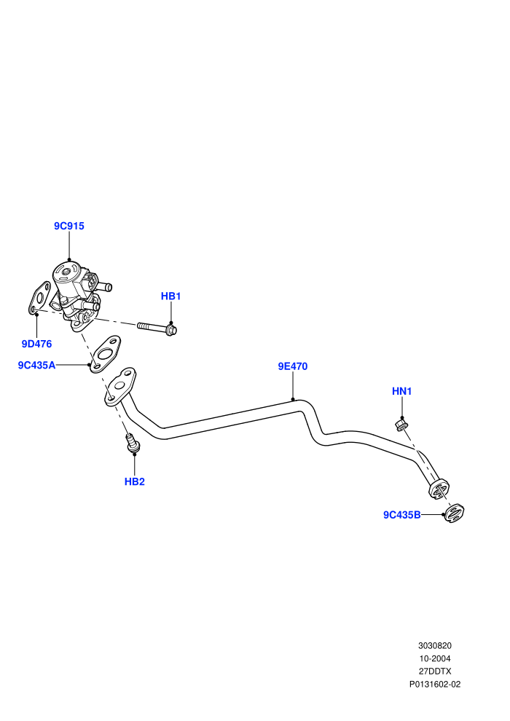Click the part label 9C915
[x=69, y=226]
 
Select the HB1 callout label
[x=170, y=296]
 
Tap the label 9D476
[x=36, y=344]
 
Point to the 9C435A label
[x=36, y=365]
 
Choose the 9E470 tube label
[x=292, y=366]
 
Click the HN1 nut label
[x=402, y=391]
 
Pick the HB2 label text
[x=135, y=482]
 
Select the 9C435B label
[x=402, y=515]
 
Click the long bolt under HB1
[x=157, y=328]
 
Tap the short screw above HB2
[x=133, y=443]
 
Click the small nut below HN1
[x=401, y=425]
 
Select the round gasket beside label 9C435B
[x=455, y=513]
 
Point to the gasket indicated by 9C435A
[x=106, y=354]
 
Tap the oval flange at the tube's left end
[x=119, y=386]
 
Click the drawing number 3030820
[x=434, y=646]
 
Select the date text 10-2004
[x=434, y=658]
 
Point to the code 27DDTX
[x=434, y=671]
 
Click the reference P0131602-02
[x=434, y=684]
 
